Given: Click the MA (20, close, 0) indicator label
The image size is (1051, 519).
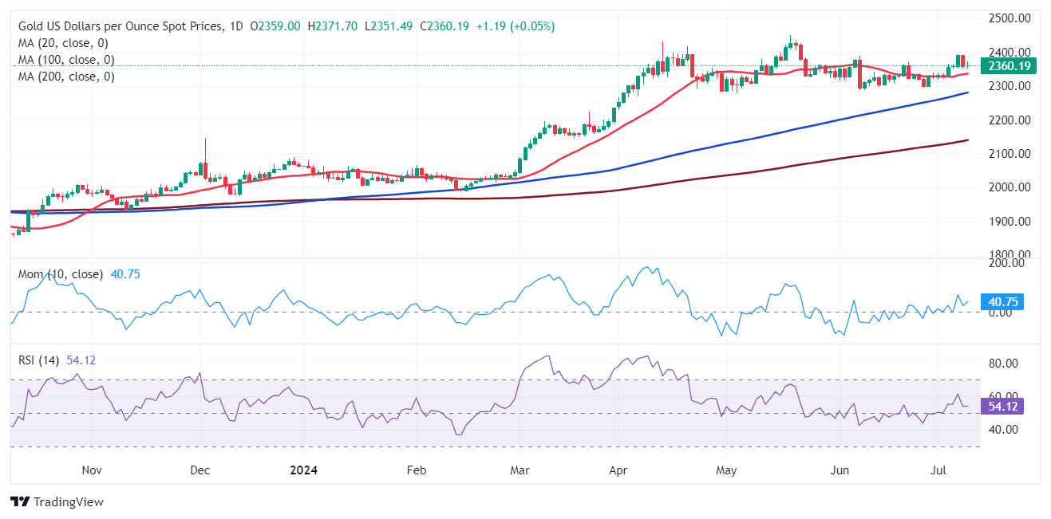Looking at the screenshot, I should tap(63, 43).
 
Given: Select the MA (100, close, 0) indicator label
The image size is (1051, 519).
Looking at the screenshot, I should tap(66, 60).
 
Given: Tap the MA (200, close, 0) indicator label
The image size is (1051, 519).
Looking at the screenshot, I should tap(66, 77).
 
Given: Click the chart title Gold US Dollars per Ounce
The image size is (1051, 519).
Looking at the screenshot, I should tap(120, 26).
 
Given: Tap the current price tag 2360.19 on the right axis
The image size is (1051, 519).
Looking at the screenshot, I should tap(1009, 66).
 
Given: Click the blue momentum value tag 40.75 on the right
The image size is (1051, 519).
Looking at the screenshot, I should tap(1004, 301).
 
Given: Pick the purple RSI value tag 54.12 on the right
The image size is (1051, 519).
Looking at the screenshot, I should tap(1004, 406).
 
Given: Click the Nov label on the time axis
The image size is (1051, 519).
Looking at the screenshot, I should tap(93, 470).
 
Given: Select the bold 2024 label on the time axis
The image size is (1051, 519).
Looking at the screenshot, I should tap(302, 470).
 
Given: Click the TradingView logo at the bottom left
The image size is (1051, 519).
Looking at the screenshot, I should tap(57, 502).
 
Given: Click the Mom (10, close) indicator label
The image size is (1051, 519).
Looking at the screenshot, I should tap(61, 274).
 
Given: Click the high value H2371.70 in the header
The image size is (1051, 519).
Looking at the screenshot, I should tap(333, 26).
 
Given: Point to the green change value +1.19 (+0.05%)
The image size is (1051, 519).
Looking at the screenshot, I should tap(515, 26).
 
